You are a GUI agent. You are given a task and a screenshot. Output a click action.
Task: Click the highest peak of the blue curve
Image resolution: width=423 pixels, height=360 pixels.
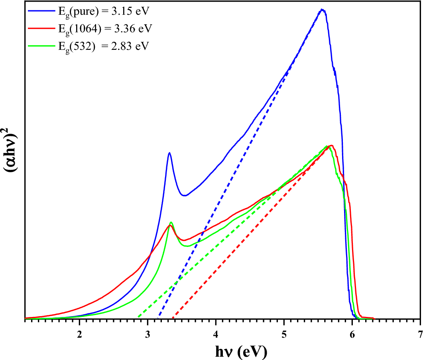(x=322, y=10)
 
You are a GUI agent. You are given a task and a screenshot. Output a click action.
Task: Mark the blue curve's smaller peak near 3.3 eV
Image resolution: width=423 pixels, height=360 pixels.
(x=169, y=153)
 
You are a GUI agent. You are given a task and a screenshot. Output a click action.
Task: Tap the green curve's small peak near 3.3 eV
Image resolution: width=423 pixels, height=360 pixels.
(x=171, y=222)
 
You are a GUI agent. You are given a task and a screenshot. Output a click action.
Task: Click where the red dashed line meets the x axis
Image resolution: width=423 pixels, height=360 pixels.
(x=173, y=319)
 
